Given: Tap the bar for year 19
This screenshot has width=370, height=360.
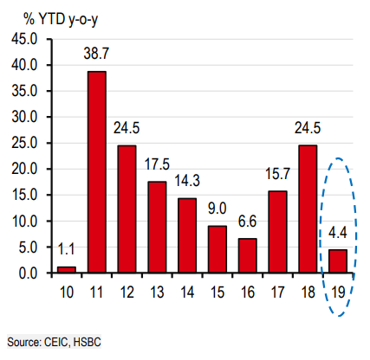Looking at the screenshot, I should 339,260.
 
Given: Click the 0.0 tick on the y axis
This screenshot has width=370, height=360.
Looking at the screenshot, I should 26,273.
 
